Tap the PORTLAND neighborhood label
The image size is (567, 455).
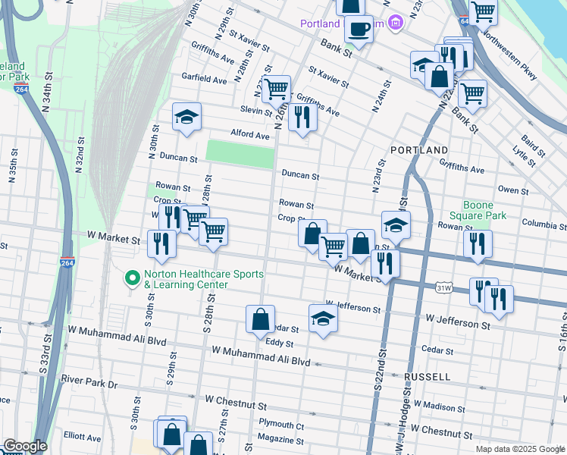coord(419,150)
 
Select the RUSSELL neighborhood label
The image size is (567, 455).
coord(428,376)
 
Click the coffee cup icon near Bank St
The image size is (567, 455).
coord(358,30)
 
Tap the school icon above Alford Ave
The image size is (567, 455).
coord(186,118)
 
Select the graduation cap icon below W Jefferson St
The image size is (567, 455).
coord(323,319)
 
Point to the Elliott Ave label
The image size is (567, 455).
coord(83,438)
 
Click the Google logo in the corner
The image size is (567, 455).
coord(25,446)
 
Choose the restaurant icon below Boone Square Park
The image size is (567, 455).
coord(478,244)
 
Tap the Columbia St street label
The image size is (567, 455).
coord(544,225)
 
